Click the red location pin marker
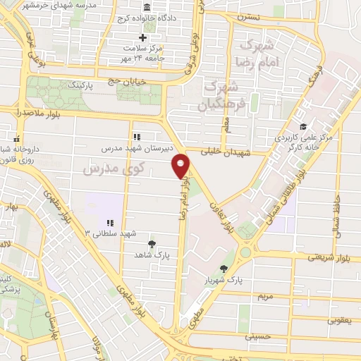tap(182, 166)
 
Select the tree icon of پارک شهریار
tap(224, 268)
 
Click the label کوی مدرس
tap(112, 169)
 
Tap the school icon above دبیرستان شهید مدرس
tap(137, 137)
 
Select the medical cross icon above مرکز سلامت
tap(143, 37)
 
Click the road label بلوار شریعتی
tap(326, 257)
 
